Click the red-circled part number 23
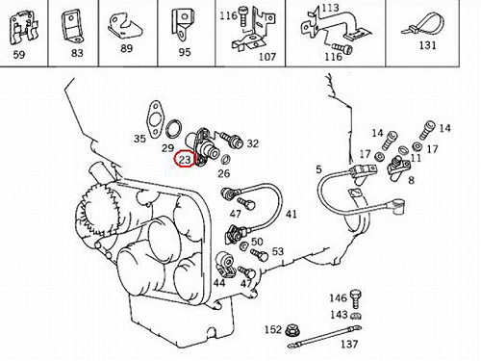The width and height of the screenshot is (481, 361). click(x=185, y=160)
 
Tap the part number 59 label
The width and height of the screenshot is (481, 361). click(x=19, y=55)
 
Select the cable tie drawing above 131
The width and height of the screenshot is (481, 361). click(x=423, y=25)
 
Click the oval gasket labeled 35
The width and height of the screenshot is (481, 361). click(x=154, y=119)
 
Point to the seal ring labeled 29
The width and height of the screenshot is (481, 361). click(x=174, y=128)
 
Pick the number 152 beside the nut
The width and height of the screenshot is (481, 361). click(x=272, y=329)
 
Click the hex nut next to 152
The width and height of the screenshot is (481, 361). click(x=291, y=330)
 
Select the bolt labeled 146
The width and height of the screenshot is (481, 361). click(x=356, y=298)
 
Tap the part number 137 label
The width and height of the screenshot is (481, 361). click(x=349, y=345)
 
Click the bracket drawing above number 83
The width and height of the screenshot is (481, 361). click(x=71, y=26)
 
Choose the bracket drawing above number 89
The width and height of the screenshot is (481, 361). click(x=125, y=27)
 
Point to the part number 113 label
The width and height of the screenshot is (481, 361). click(x=330, y=8)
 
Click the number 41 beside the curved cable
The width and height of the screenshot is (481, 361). click(x=291, y=215)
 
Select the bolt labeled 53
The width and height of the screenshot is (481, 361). click(x=259, y=255)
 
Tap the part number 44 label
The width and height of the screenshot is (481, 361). click(x=219, y=283)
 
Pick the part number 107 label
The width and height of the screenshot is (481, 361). click(x=267, y=57)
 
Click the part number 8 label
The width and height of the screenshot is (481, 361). click(x=412, y=180)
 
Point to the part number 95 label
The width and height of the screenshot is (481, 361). click(x=185, y=52)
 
